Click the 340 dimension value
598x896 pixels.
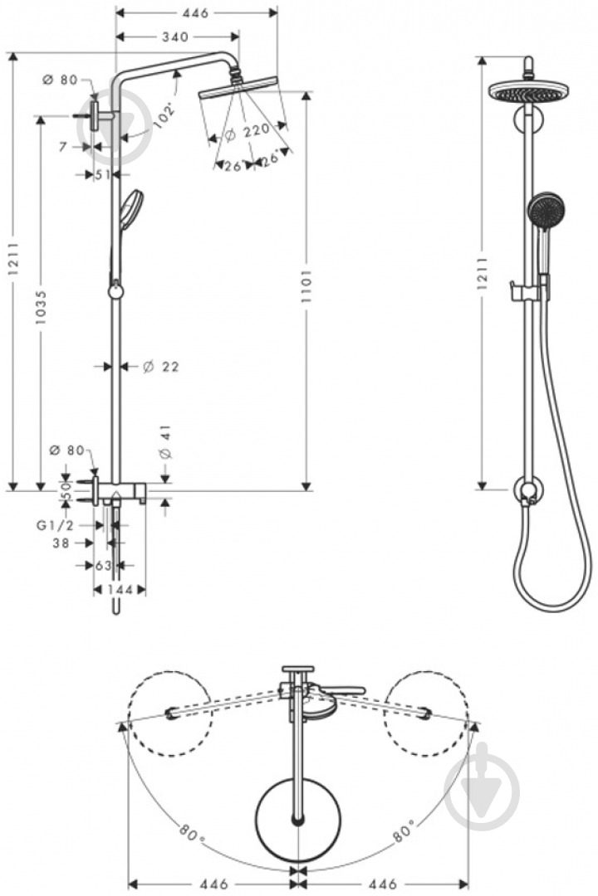point(174,37)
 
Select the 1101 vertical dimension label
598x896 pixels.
point(306,290)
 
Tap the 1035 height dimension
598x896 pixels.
point(41,307)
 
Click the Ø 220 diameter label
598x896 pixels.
point(247,133)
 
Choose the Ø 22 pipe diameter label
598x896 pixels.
point(161,367)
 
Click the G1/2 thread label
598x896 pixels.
point(53,525)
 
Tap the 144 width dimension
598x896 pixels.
point(119,590)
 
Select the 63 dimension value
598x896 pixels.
point(103,565)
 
